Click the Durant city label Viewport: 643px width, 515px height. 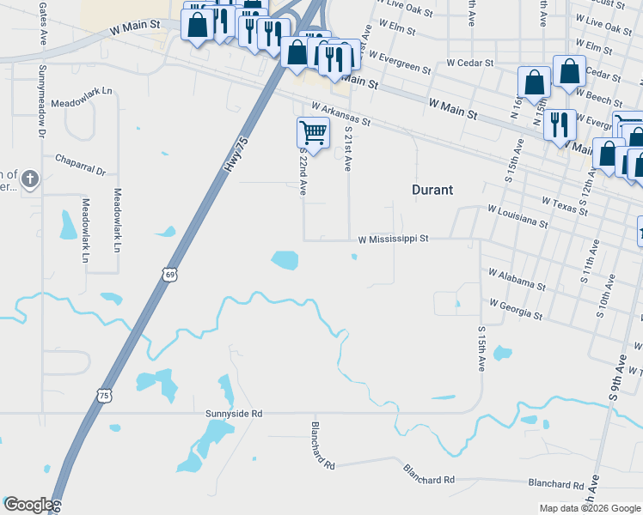[432, 190]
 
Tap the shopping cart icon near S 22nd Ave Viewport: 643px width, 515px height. [313, 133]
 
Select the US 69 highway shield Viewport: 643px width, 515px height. [169, 274]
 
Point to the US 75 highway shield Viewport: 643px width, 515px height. [104, 395]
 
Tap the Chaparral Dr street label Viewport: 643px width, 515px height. [79, 165]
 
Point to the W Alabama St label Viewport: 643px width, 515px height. [517, 278]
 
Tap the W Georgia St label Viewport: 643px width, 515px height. [515, 309]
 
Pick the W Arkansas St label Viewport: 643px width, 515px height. [340, 115]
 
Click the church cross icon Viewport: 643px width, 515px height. [30, 179]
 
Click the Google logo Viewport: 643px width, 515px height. [28, 505]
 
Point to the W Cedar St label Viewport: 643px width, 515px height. [469, 64]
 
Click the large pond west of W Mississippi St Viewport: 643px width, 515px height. [285, 259]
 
